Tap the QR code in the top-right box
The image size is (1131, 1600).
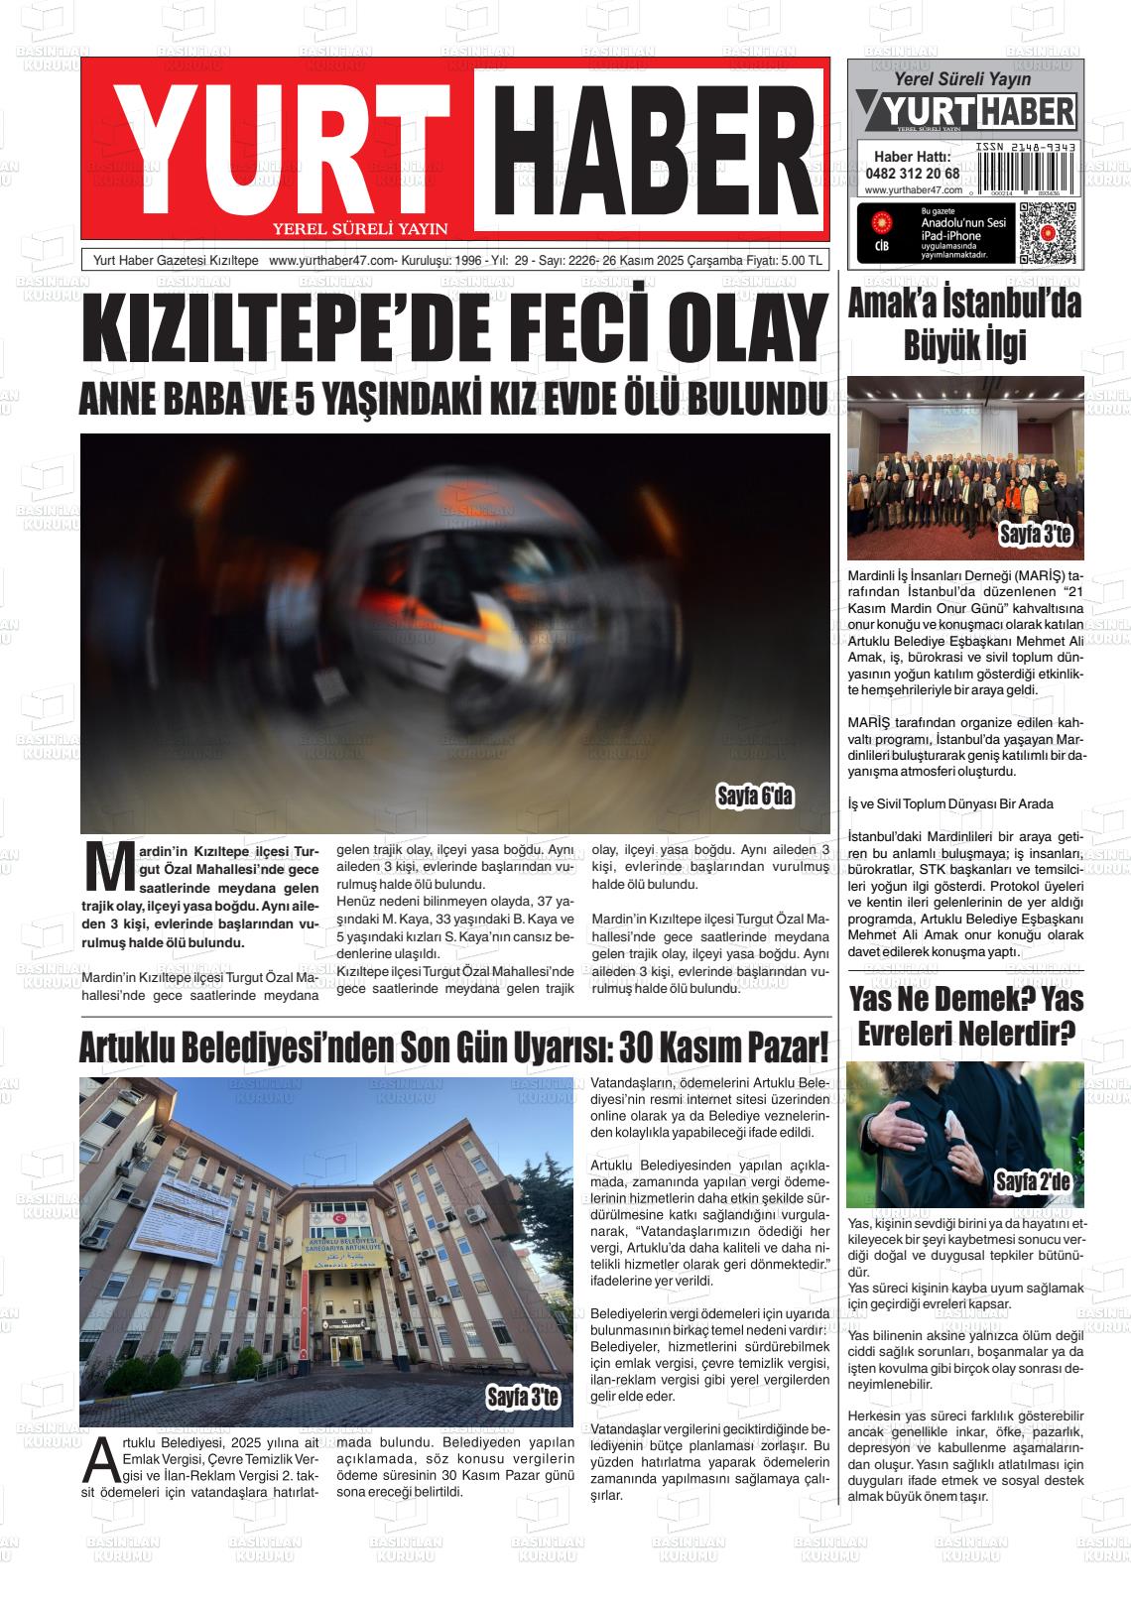coord(1047,232)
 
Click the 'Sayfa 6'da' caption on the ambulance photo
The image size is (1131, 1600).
coord(755,797)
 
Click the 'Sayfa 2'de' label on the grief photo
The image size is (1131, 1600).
coord(1038,1181)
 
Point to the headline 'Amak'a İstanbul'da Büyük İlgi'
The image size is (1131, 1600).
coord(964,324)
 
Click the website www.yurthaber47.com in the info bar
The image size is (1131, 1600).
coord(331,261)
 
